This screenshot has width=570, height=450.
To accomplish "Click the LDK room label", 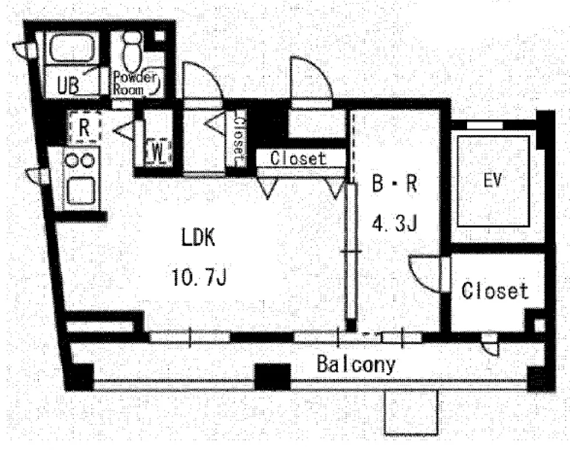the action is pos(198,237).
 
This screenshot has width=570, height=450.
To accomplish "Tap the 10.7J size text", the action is pos(199,277).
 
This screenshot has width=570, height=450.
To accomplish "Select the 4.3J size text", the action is pos(394,223).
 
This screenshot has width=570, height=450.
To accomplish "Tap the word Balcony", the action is pos(356,364).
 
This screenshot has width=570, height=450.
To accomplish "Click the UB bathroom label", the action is pos(68,86).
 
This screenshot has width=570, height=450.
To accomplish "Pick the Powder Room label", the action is pos(135,83).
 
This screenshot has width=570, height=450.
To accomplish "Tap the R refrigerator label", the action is pos(84,127).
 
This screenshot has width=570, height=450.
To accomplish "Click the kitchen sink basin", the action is pos(81,189).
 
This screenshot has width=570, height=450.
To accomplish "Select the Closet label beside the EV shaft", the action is pos(494,290).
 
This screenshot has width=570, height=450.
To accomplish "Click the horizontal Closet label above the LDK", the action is pos(298,158).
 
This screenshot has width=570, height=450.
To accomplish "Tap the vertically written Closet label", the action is pos(239,140).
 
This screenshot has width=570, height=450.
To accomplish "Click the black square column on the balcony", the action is pos(272,377).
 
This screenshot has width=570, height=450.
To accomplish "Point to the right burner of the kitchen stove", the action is pos(88,160).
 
